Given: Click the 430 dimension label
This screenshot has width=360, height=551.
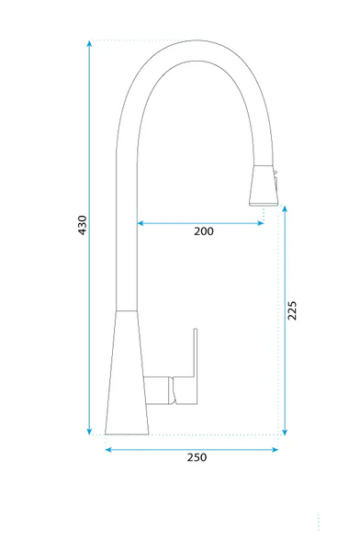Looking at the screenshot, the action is click(82, 225).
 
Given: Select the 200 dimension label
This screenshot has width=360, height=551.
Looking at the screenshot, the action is click(204, 231).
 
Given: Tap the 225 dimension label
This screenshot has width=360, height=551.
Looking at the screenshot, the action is click(292, 310).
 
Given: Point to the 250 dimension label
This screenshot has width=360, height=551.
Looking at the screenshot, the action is click(197, 457).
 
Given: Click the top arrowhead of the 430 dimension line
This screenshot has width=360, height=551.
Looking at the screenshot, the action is click(89, 43).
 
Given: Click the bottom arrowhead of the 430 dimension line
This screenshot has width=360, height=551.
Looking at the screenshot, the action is click(89, 432).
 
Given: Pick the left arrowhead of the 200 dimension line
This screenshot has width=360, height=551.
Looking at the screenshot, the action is click(141, 223).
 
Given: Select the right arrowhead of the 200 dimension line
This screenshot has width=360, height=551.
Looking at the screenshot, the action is click(261, 223).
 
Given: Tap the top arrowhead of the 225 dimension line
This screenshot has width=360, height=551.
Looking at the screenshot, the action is click(285, 208).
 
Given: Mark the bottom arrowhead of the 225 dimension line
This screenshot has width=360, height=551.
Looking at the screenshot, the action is click(285, 432).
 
